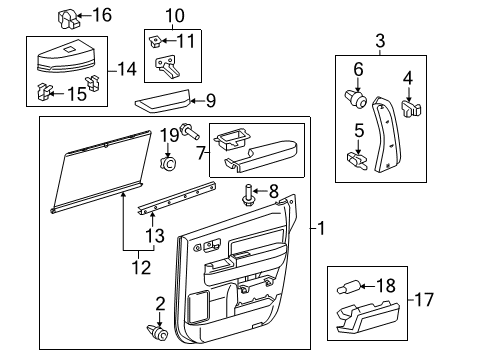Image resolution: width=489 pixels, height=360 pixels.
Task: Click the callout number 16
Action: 102,14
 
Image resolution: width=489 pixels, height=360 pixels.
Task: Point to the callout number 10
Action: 175,15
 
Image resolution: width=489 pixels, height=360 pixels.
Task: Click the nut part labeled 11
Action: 156,41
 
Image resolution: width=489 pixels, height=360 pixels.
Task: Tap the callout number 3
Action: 380,41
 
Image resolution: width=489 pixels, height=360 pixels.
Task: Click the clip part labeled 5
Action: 355,159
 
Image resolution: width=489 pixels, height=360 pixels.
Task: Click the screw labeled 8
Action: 246,194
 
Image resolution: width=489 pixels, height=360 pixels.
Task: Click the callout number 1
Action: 320,229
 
